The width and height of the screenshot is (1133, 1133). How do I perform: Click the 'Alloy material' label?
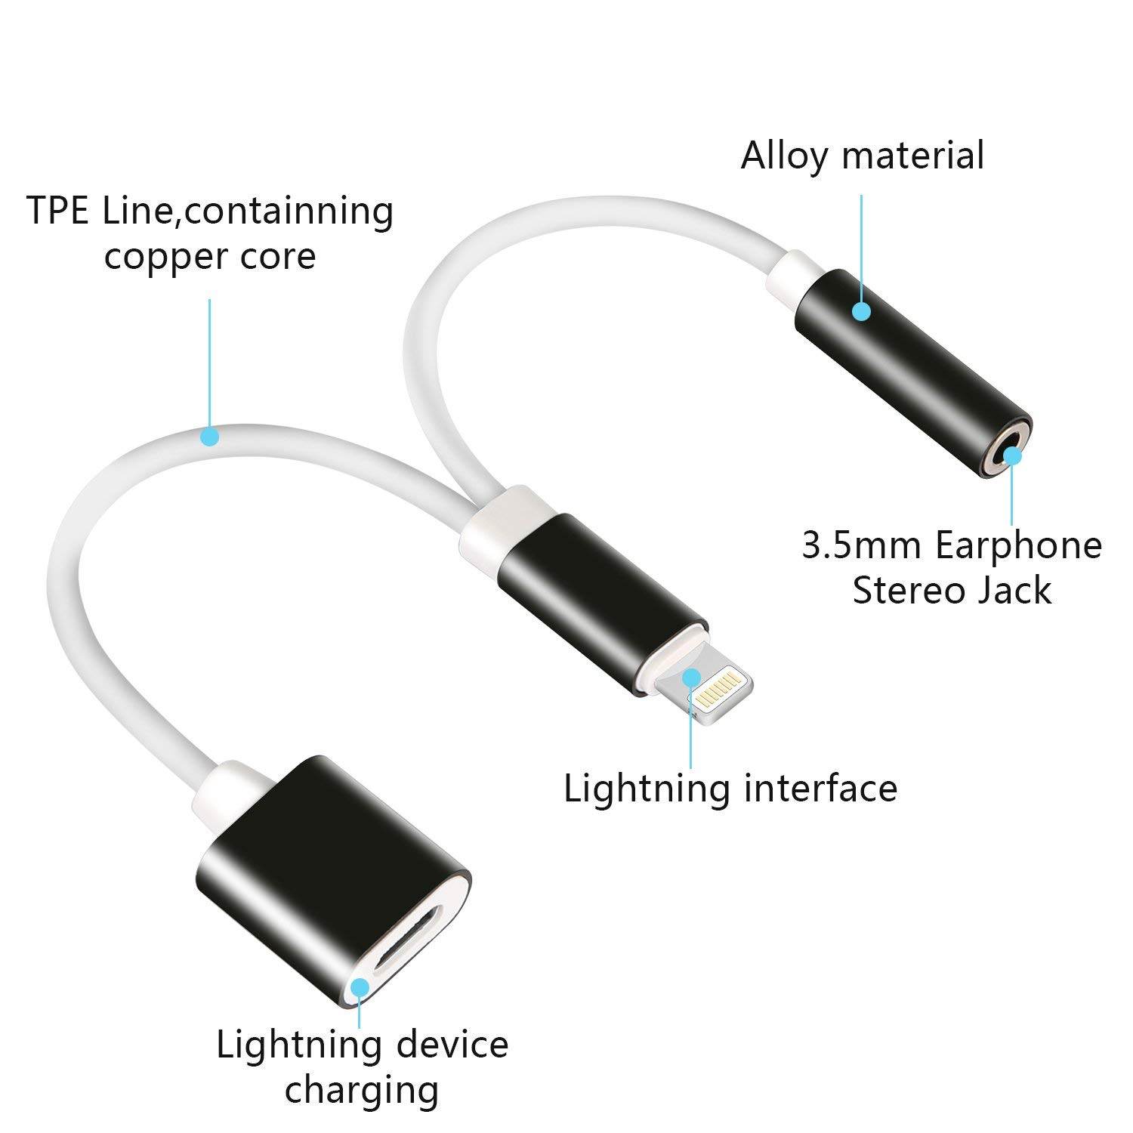[862, 156]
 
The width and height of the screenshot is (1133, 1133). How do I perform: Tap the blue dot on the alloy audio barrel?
[861, 310]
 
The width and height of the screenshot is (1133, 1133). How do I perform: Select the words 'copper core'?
[209, 256]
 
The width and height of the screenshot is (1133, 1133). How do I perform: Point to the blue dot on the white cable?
[209, 436]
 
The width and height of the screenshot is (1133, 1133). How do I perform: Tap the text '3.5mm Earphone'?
[951, 545]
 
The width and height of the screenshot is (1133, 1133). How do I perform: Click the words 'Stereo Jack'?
[951, 590]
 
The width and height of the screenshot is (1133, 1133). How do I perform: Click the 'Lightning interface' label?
[730, 788]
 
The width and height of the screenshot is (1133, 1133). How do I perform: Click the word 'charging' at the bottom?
[362, 1090]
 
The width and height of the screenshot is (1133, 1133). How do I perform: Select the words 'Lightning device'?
[362, 1045]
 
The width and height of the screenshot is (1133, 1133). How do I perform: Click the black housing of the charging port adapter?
[302, 854]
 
